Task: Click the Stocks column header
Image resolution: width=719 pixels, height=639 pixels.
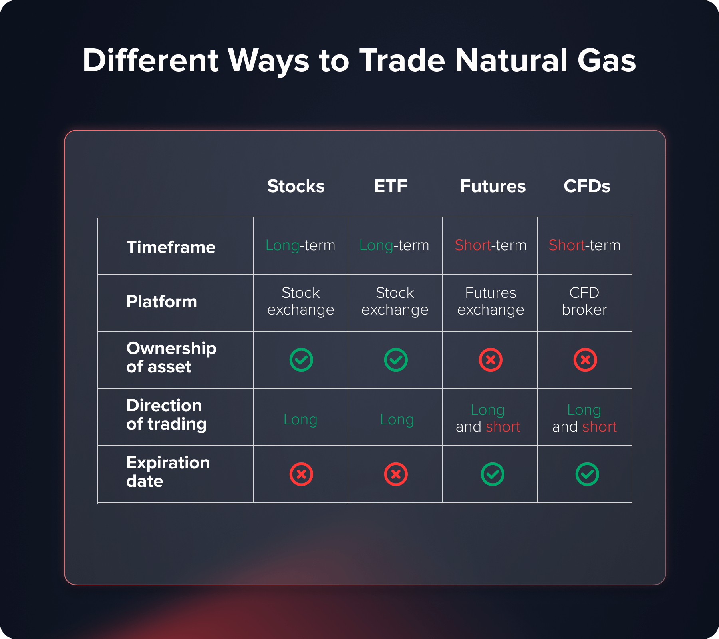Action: pyautogui.click(x=296, y=186)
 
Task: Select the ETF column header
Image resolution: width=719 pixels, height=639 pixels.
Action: pyautogui.click(x=391, y=186)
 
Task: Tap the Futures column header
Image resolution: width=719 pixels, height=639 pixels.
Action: pyautogui.click(x=493, y=186)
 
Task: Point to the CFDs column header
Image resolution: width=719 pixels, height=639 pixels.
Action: pyautogui.click(x=587, y=186)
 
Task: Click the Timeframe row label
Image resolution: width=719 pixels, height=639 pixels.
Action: pyautogui.click(x=171, y=247)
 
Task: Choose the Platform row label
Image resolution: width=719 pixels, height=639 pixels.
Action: pyautogui.click(x=161, y=301)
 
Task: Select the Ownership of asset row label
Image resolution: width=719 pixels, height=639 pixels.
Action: pyautogui.click(x=171, y=358)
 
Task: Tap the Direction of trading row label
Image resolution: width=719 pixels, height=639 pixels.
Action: pyautogui.click(x=167, y=415)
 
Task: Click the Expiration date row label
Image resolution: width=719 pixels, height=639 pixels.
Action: pyautogui.click(x=168, y=472)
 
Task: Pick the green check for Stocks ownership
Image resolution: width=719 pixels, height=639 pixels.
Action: pyautogui.click(x=301, y=360)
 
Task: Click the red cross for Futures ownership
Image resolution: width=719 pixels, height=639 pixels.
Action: pyautogui.click(x=491, y=360)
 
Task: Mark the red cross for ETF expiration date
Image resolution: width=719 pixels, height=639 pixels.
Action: pyautogui.click(x=396, y=474)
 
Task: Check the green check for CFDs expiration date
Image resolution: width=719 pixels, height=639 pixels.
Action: pyautogui.click(x=587, y=474)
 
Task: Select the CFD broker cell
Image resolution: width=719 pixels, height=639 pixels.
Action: pyautogui.click(x=584, y=301)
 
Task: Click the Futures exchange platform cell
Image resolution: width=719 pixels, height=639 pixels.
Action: pyautogui.click(x=491, y=301)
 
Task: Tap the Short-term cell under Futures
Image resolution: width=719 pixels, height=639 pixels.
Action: pyautogui.click(x=491, y=245)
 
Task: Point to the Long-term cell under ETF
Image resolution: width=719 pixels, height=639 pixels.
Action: pyautogui.click(x=394, y=245)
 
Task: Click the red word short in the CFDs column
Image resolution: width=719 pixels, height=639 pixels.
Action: pyautogui.click(x=600, y=427)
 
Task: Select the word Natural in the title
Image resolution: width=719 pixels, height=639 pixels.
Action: pyautogui.click(x=512, y=60)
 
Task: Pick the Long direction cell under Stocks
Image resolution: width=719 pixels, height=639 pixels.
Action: pyautogui.click(x=300, y=420)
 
